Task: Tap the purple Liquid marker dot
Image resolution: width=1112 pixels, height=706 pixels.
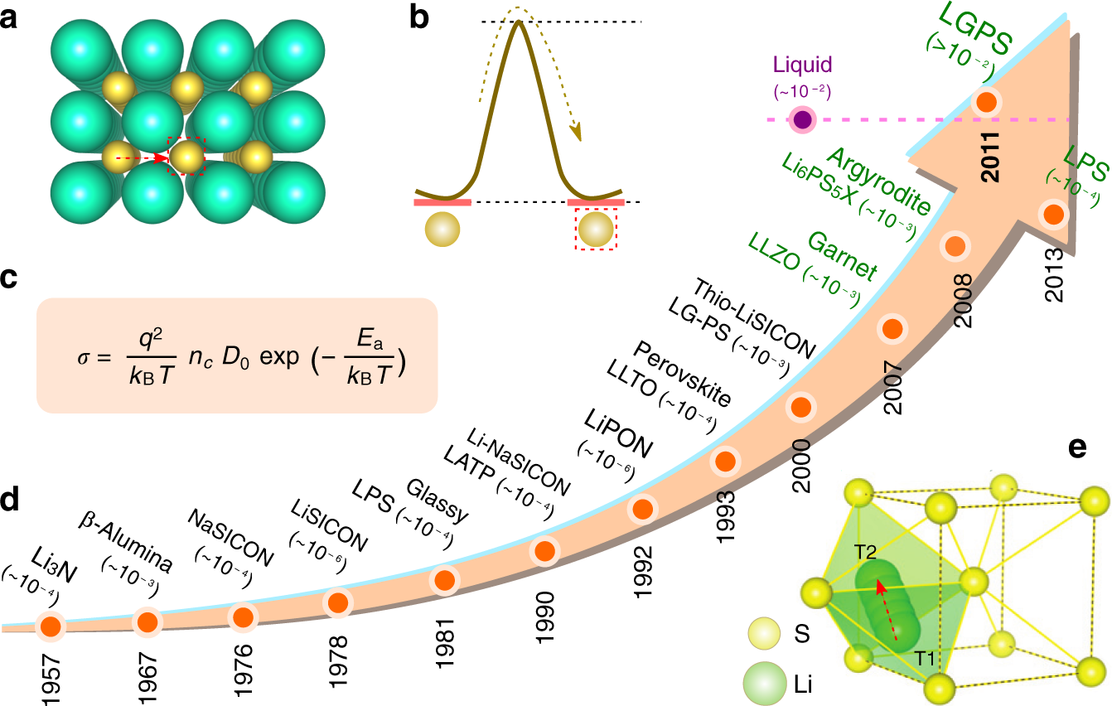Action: pyautogui.click(x=802, y=119)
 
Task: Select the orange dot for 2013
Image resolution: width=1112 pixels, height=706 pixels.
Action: pyautogui.click(x=1053, y=214)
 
